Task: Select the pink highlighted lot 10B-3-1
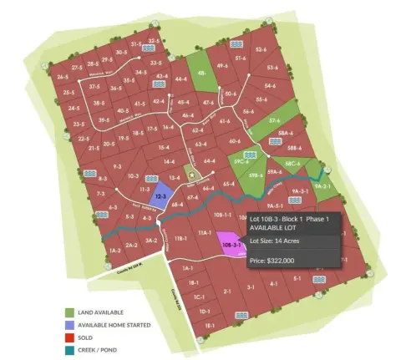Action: (231, 245)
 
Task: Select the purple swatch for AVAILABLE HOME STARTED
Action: (73, 322)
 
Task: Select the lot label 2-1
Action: (226, 292)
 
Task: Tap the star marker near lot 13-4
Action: (190, 176)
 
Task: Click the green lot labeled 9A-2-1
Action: (325, 185)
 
